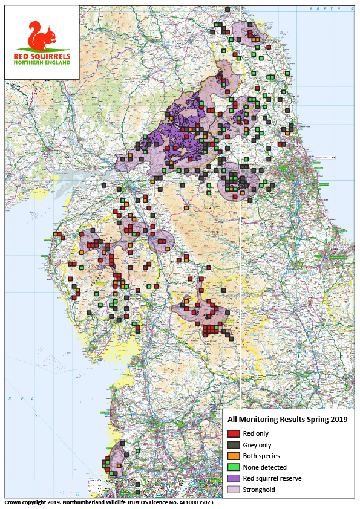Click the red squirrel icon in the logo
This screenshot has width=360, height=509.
41,36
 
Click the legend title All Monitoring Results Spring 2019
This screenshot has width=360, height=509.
287,419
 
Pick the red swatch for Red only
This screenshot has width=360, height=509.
234,433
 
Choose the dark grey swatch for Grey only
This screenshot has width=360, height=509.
234,444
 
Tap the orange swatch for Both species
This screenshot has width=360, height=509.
234,456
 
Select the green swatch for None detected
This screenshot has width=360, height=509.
234,467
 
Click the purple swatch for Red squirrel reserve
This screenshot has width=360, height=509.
234,478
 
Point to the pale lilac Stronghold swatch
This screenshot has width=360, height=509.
234,489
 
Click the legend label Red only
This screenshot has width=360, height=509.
256,433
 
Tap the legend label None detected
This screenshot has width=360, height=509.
264,467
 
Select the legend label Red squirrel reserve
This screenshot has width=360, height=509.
272,478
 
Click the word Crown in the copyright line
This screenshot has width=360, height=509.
13,502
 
